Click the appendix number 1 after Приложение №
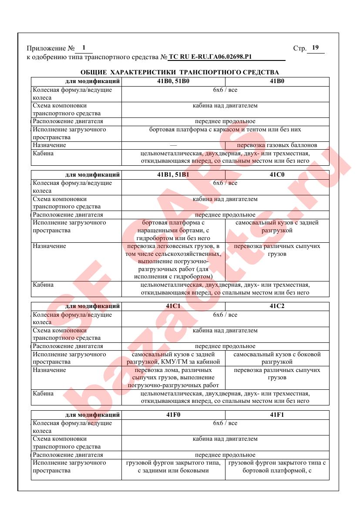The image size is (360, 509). click(x=84, y=48)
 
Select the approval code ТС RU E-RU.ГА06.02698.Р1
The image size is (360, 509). click(x=211, y=57)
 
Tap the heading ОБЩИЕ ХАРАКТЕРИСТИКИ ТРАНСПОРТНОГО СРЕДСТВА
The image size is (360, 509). click(x=180, y=72)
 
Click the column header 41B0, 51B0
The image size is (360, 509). click(x=173, y=81)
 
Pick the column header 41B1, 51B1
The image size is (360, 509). click(x=173, y=175)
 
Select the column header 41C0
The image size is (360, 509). click(x=277, y=175)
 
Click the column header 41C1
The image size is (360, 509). click(x=173, y=306)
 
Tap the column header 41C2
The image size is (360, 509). click(x=277, y=306)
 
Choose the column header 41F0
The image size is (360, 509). click(x=173, y=415)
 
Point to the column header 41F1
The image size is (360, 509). click(x=277, y=415)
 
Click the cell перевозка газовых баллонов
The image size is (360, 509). click(x=277, y=145)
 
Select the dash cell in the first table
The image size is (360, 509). click(x=173, y=145)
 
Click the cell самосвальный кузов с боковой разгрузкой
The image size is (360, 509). click(x=277, y=358)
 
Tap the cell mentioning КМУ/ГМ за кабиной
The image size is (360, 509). click(x=173, y=358)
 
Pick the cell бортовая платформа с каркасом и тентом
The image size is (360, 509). click(x=225, y=130)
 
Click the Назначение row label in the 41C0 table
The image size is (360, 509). click(x=50, y=246)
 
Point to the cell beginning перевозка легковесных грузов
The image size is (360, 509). click(x=173, y=261)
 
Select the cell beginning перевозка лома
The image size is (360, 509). click(x=173, y=378)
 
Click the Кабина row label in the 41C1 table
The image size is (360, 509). click(x=43, y=393)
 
